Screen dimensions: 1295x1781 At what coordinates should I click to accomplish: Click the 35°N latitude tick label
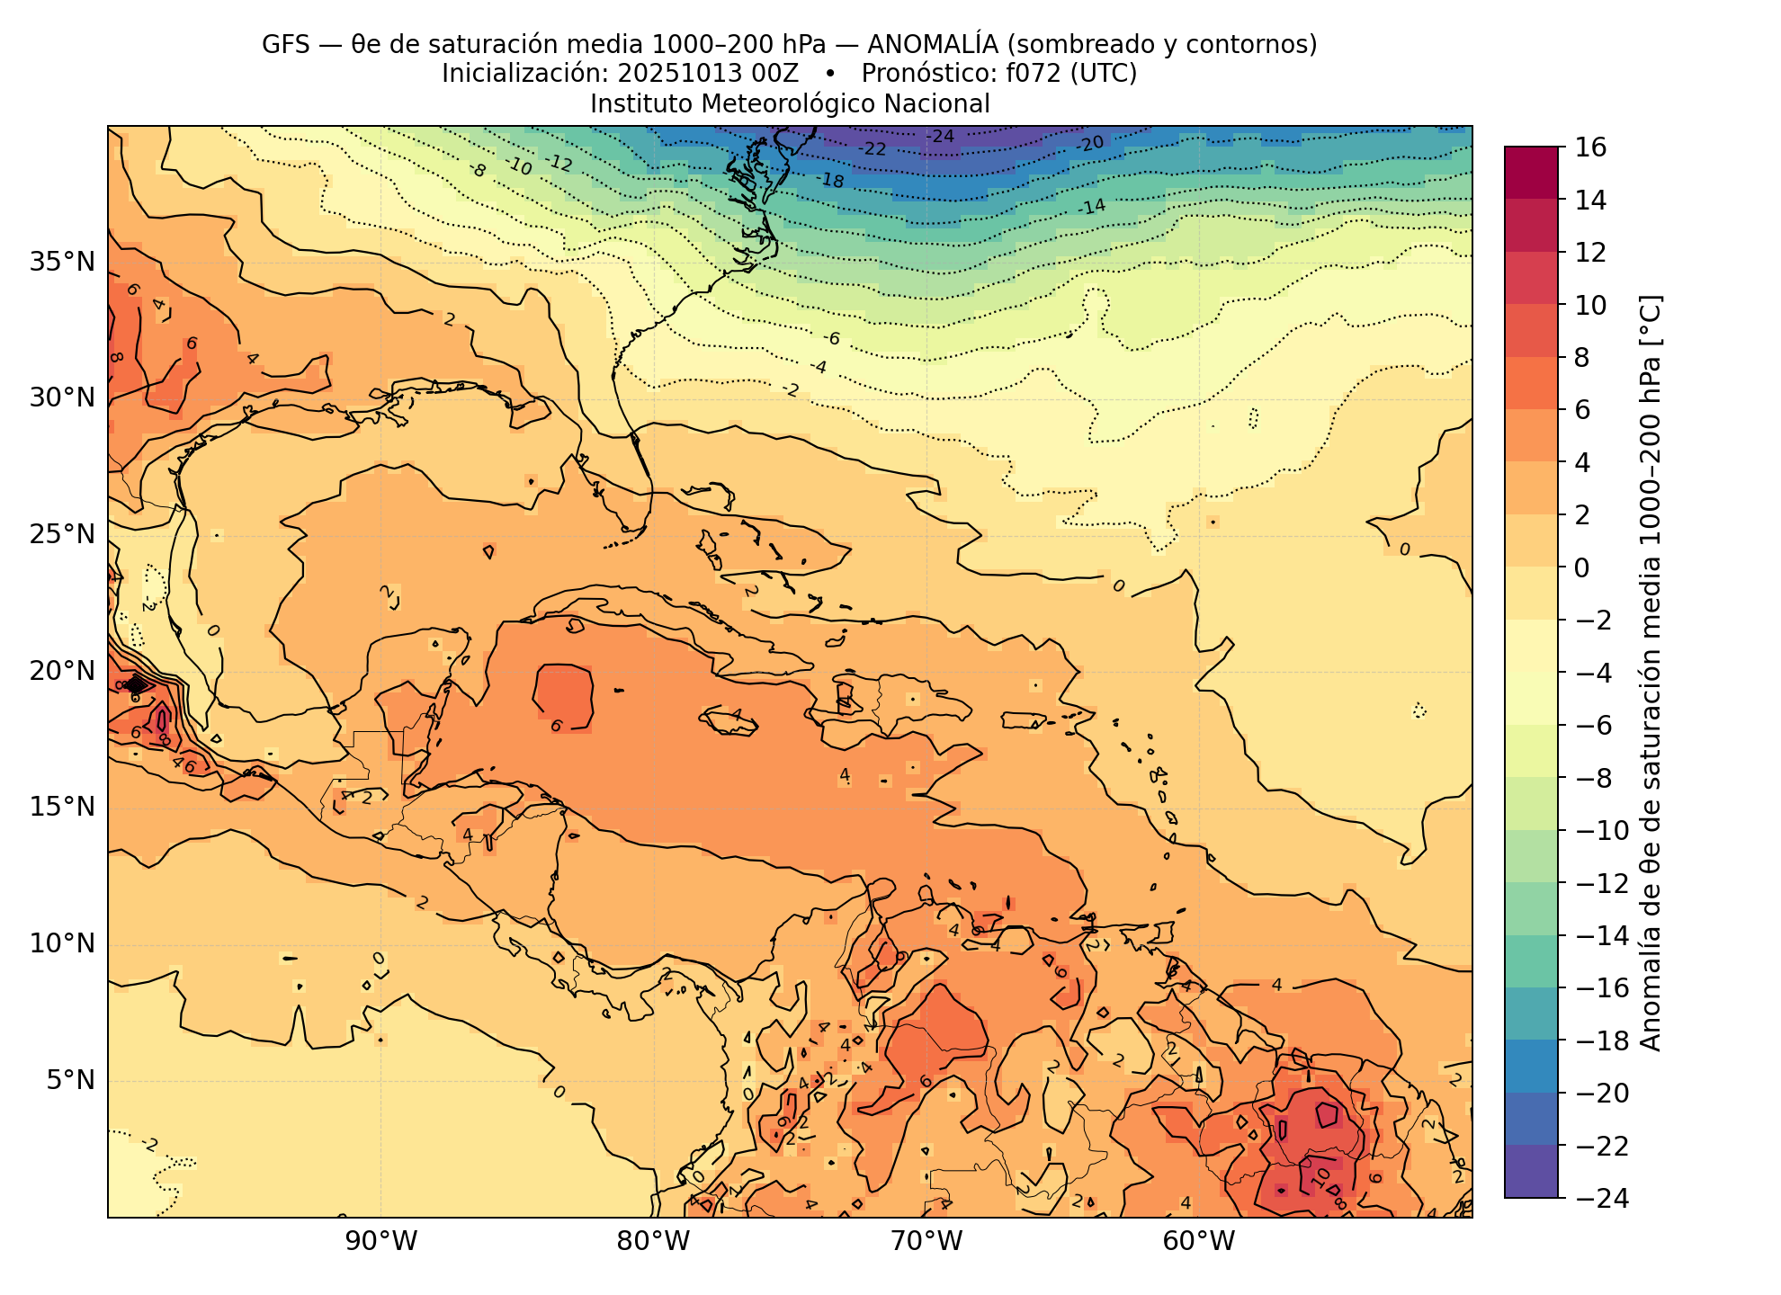pyautogui.click(x=62, y=263)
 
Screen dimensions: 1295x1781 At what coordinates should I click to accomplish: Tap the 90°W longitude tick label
pyautogui.click(x=381, y=1242)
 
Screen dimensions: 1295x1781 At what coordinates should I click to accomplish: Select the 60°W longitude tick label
pyautogui.click(x=1199, y=1242)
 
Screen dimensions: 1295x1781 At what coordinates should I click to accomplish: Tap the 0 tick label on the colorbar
pyautogui.click(x=1581, y=567)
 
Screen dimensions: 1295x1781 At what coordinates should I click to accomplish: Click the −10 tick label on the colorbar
pyautogui.click(x=1602, y=830)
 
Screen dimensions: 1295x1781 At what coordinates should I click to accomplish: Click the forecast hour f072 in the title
pyautogui.click(x=1034, y=74)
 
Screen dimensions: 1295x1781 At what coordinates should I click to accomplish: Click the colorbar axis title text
pyautogui.click(x=1651, y=673)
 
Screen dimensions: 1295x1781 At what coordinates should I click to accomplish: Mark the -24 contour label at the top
pyautogui.click(x=941, y=137)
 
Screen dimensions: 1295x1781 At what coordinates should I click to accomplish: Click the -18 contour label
pyautogui.click(x=831, y=181)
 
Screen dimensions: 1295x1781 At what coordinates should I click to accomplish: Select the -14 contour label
pyautogui.click(x=1092, y=207)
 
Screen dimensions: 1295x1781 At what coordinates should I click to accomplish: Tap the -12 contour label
pyautogui.click(x=559, y=163)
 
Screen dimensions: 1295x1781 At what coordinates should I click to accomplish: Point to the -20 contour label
pyautogui.click(x=1090, y=144)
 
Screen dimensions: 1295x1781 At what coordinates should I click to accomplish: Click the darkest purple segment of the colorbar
pyautogui.click(x=1531, y=1171)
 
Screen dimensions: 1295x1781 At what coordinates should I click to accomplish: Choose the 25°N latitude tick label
pyautogui.click(x=62, y=535)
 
